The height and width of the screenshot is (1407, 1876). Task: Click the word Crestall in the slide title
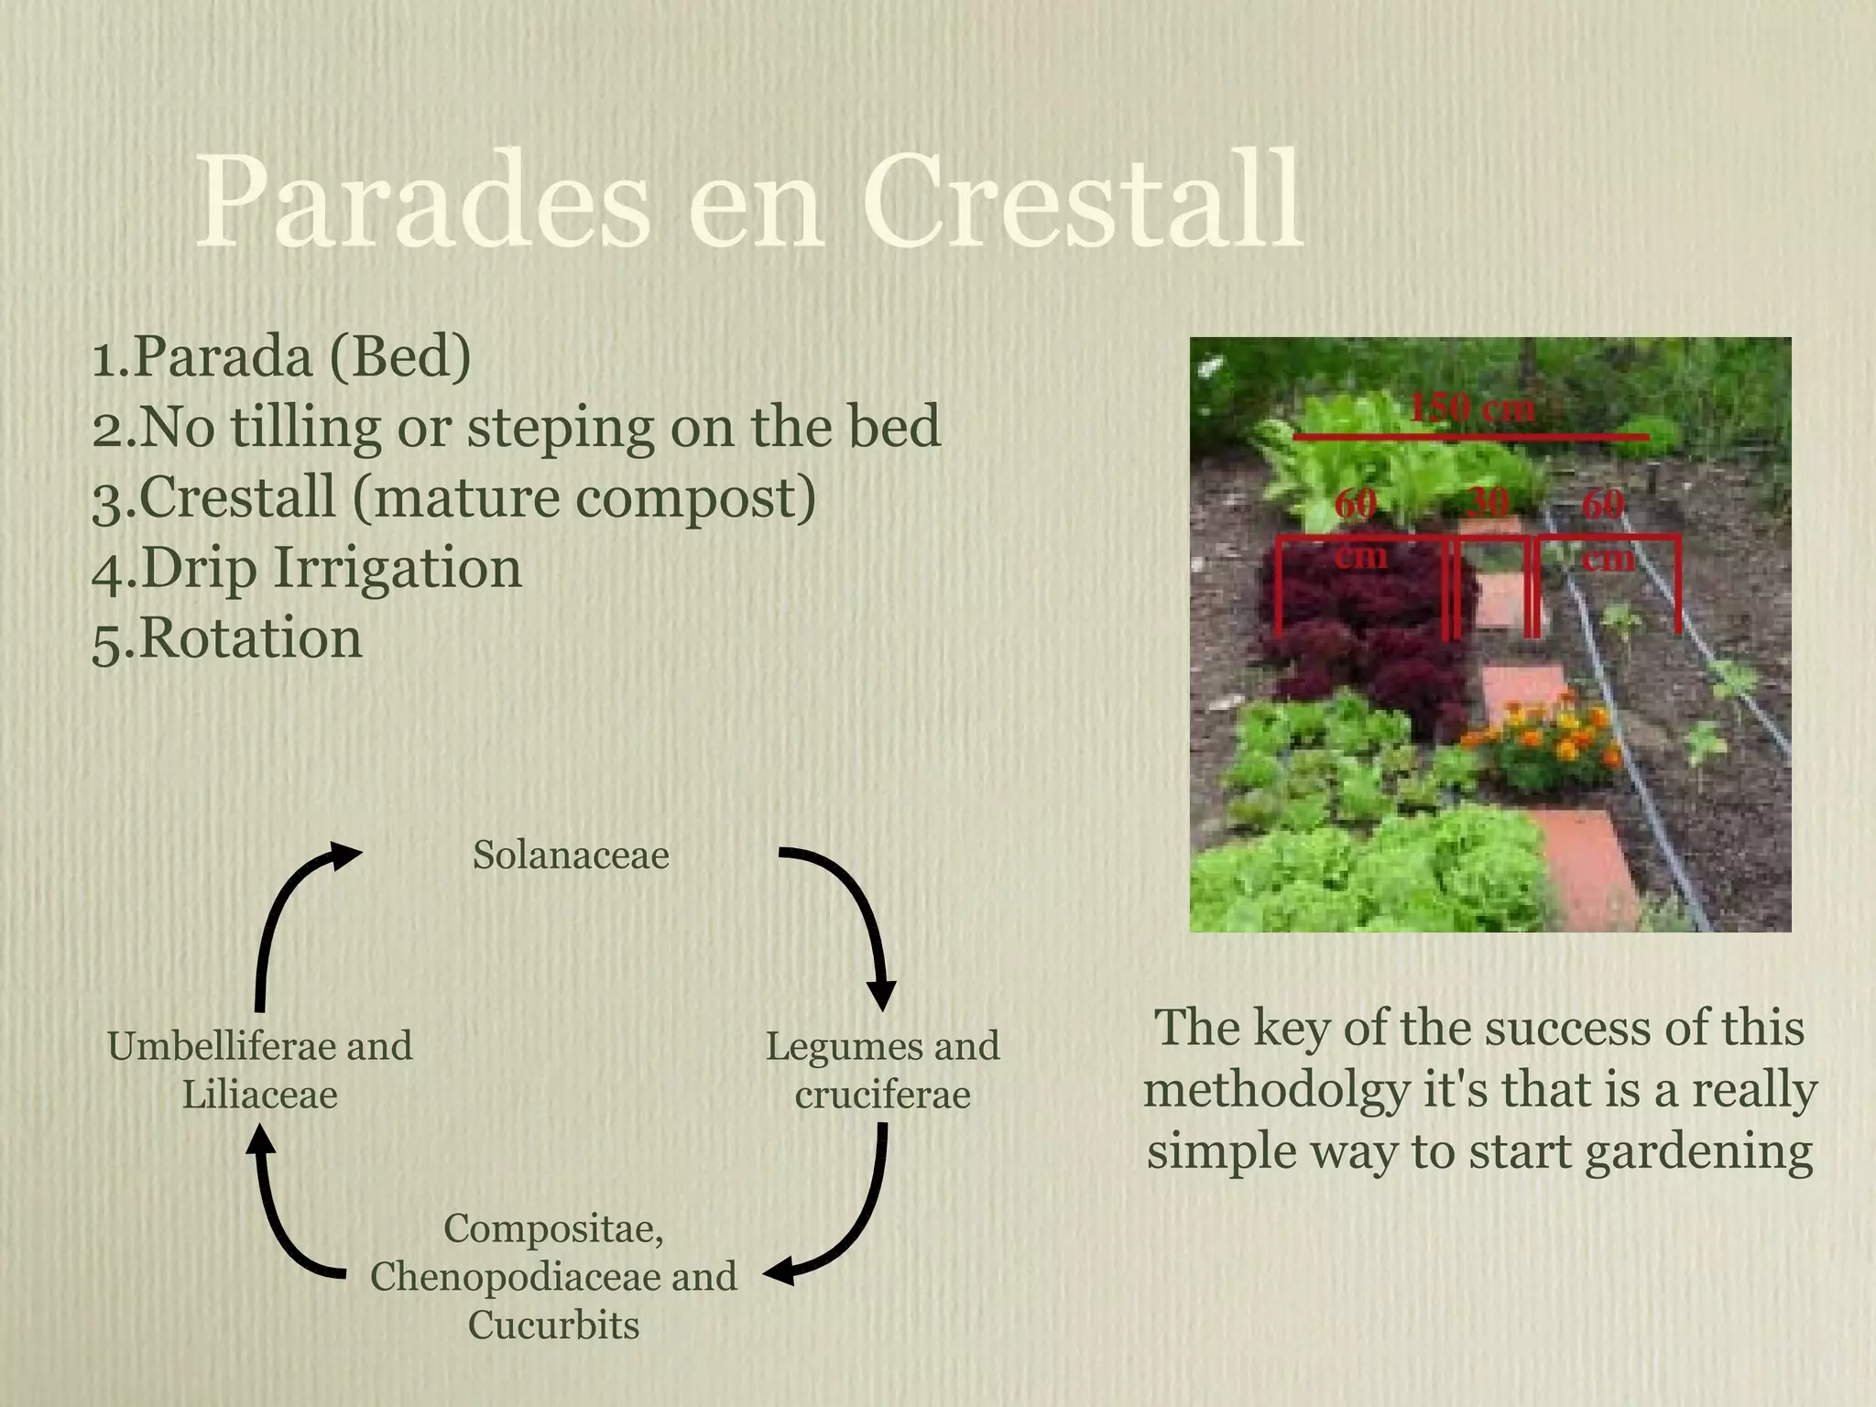click(1081, 203)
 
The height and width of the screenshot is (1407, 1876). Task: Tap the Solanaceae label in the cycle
click(571, 856)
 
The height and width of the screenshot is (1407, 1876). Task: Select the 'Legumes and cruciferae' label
click(882, 1070)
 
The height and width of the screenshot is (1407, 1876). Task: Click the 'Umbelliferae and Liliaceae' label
click(260, 1070)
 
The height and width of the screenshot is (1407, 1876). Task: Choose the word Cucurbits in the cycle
click(553, 1325)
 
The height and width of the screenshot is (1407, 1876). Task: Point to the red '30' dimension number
click(1488, 503)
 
